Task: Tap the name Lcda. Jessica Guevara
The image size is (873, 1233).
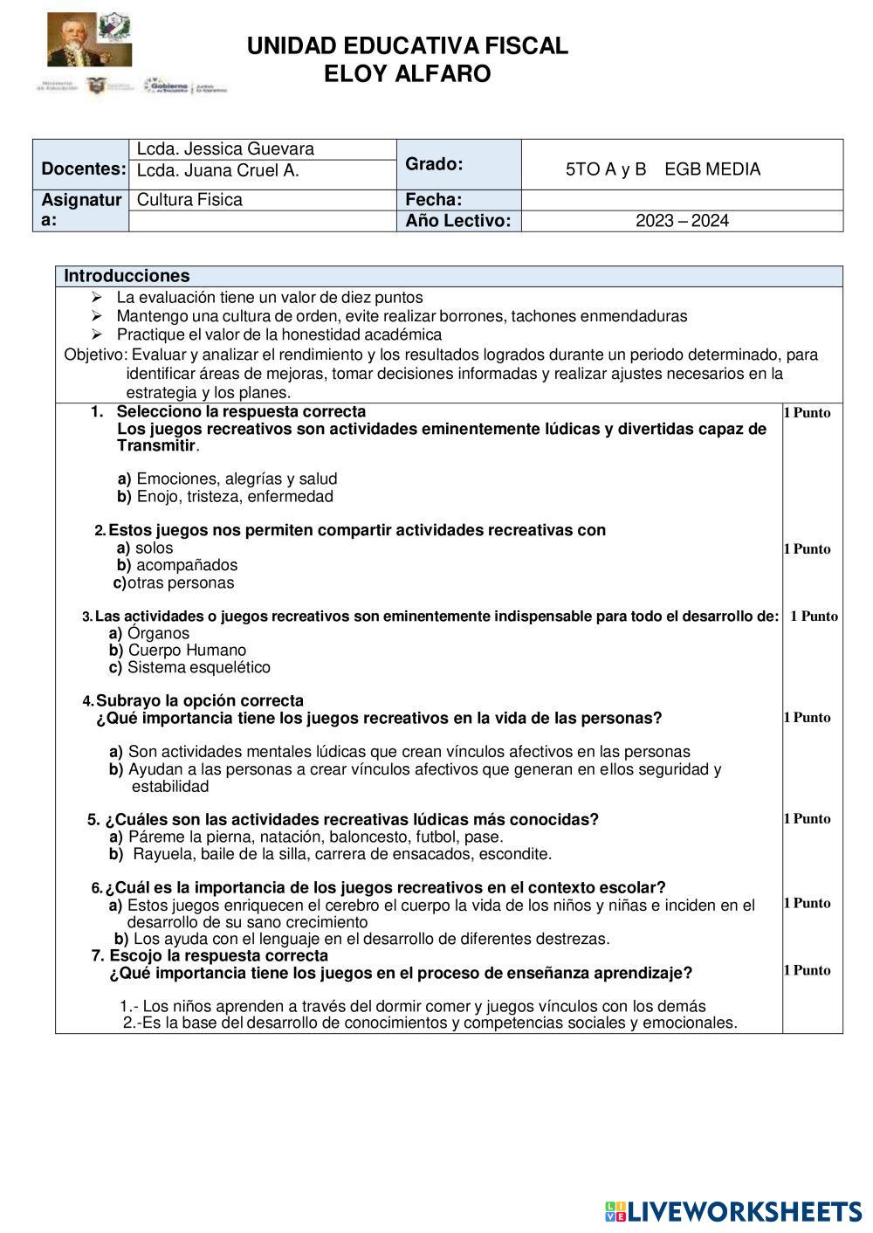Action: point(225,149)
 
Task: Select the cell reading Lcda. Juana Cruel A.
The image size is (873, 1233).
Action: point(218,171)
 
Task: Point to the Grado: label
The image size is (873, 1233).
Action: point(434,164)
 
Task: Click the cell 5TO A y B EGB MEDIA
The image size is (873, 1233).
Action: point(663,169)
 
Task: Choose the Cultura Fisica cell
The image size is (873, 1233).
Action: point(189,200)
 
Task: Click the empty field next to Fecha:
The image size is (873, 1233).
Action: point(682,200)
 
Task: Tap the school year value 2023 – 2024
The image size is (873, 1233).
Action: point(682,221)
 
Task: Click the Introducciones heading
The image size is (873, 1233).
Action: point(127,276)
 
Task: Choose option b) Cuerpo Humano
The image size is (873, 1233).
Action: point(177,650)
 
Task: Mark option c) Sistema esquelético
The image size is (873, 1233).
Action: point(189,667)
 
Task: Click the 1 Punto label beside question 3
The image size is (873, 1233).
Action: point(814,616)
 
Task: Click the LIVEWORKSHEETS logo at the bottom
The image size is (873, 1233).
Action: point(733,1211)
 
